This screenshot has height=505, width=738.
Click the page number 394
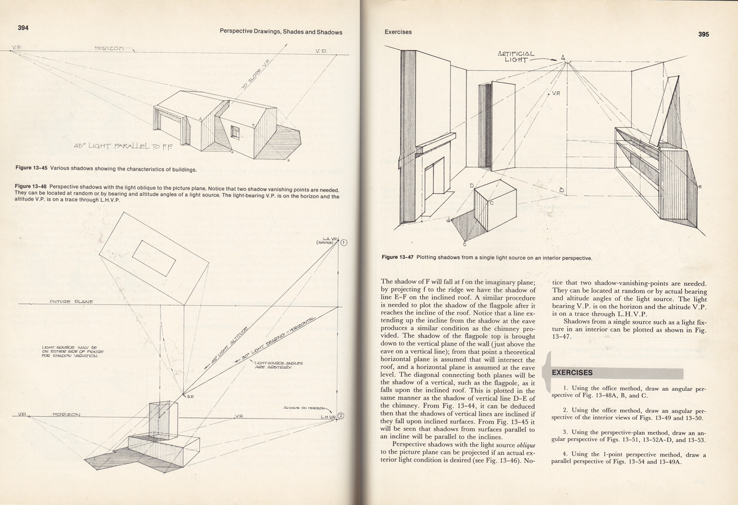tap(23, 27)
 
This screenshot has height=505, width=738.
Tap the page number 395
tap(703, 35)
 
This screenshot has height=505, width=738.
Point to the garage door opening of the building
tap(173, 129)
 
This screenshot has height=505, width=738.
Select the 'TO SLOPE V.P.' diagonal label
tap(253, 79)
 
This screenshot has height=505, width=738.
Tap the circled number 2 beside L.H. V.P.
tap(341, 416)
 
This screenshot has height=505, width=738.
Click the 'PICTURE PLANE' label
tap(71, 302)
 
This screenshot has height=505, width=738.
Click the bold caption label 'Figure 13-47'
tap(397, 258)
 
